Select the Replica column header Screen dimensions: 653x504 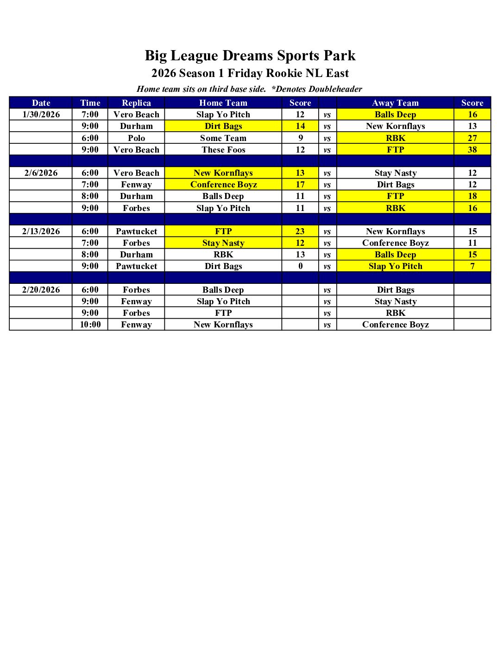point(136,103)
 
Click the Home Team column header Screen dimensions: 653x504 point(223,103)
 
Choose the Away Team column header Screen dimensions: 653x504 point(395,103)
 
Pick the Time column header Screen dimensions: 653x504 point(90,103)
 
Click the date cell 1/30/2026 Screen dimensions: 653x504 point(41,115)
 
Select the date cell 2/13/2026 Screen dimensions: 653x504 point(41,231)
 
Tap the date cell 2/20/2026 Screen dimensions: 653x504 point(41,290)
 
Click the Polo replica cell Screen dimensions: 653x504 point(136,138)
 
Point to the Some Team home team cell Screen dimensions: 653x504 point(223,138)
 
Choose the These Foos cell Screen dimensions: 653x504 point(223,150)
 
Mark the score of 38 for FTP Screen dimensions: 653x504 point(472,150)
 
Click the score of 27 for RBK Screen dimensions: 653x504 point(472,138)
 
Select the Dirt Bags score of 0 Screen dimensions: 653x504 point(300,266)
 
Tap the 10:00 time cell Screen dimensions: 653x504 point(90,325)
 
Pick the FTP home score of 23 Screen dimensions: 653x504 point(300,231)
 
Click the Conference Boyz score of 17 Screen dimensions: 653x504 point(300,185)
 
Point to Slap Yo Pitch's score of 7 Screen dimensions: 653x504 point(472,266)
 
